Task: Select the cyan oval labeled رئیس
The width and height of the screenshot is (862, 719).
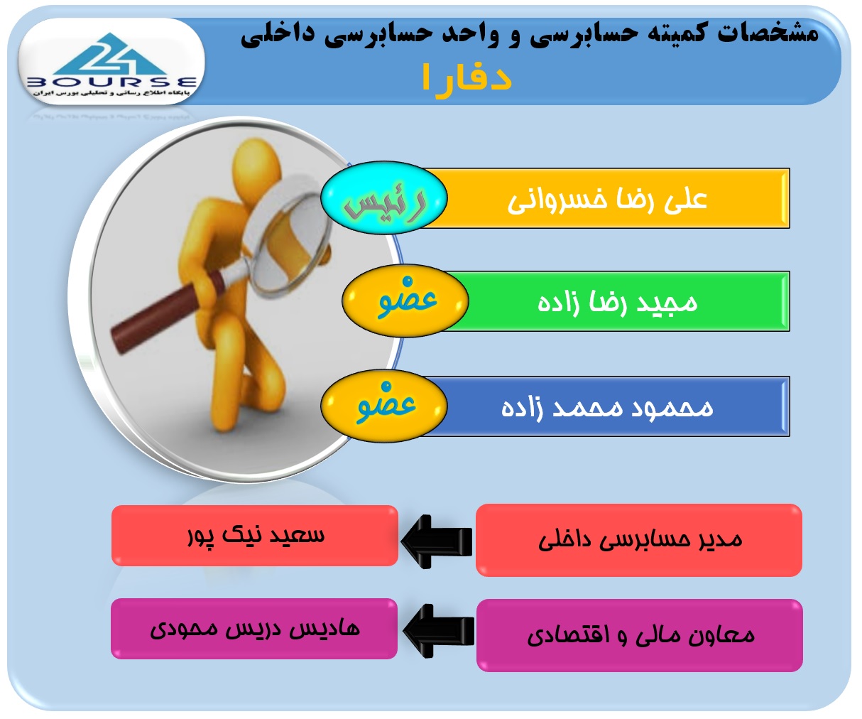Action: (384, 198)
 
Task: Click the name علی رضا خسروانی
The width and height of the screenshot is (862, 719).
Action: (607, 200)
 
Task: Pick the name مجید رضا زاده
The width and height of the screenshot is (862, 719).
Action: (618, 302)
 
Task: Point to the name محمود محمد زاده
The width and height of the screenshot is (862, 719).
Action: (607, 407)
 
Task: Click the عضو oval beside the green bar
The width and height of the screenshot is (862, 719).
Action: (405, 301)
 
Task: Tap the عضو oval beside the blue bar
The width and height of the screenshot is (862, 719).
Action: (384, 406)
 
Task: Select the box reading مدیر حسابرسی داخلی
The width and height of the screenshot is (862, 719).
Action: (638, 540)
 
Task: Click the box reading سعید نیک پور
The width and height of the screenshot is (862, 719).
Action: (255, 536)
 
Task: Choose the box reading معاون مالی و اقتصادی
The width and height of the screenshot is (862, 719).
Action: (640, 635)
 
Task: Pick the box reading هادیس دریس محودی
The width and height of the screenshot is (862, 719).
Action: (254, 629)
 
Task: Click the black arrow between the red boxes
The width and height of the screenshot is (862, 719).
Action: (437, 541)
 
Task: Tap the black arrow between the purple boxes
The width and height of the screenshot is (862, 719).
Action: (438, 631)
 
